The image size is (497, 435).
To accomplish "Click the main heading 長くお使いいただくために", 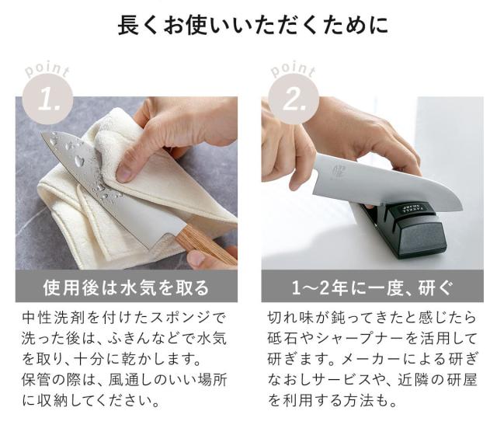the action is click(x=252, y=26).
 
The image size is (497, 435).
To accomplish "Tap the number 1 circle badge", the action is click(x=48, y=99).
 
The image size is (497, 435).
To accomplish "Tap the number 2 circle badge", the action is click(x=294, y=99).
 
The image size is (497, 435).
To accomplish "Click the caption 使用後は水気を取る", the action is click(x=126, y=287).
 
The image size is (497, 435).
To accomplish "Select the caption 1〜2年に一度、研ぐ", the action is click(x=372, y=287).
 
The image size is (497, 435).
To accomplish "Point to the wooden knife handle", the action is click(x=206, y=244).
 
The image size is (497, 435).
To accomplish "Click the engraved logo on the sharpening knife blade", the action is click(x=336, y=171).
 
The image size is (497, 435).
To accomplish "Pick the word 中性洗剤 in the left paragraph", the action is click(x=54, y=318).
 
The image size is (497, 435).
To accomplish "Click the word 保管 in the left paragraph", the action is click(x=37, y=380).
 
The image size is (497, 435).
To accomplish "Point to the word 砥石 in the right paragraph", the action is click(x=283, y=339).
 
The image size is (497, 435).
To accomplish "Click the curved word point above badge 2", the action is click(x=294, y=70).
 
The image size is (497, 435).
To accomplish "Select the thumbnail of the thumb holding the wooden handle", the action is click(x=196, y=259).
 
